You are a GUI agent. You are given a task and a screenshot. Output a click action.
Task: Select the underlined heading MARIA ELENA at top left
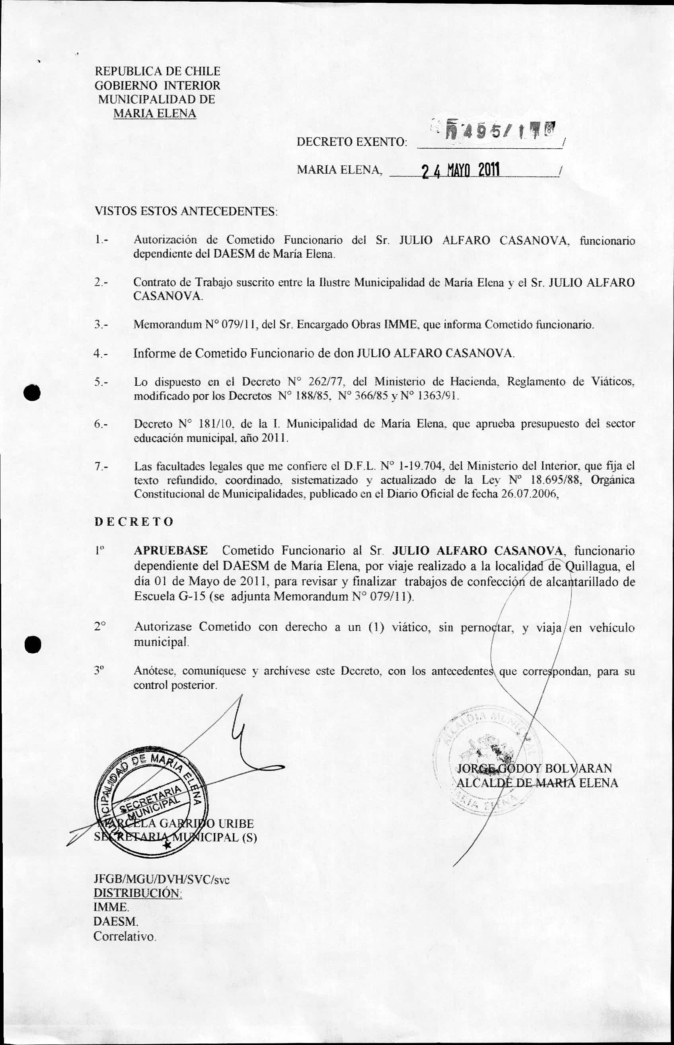[154, 114]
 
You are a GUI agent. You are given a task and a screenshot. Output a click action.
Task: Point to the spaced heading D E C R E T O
[134, 522]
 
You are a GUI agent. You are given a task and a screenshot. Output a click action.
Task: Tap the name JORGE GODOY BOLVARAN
[534, 769]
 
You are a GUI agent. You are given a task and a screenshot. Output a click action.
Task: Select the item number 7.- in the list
[101, 466]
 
